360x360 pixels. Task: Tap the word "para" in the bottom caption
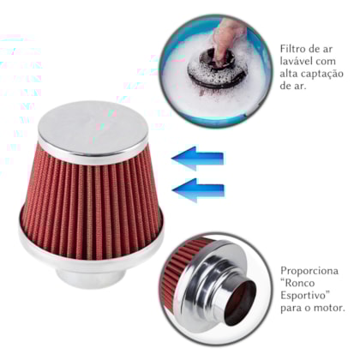pyautogui.click(x=291, y=317)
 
